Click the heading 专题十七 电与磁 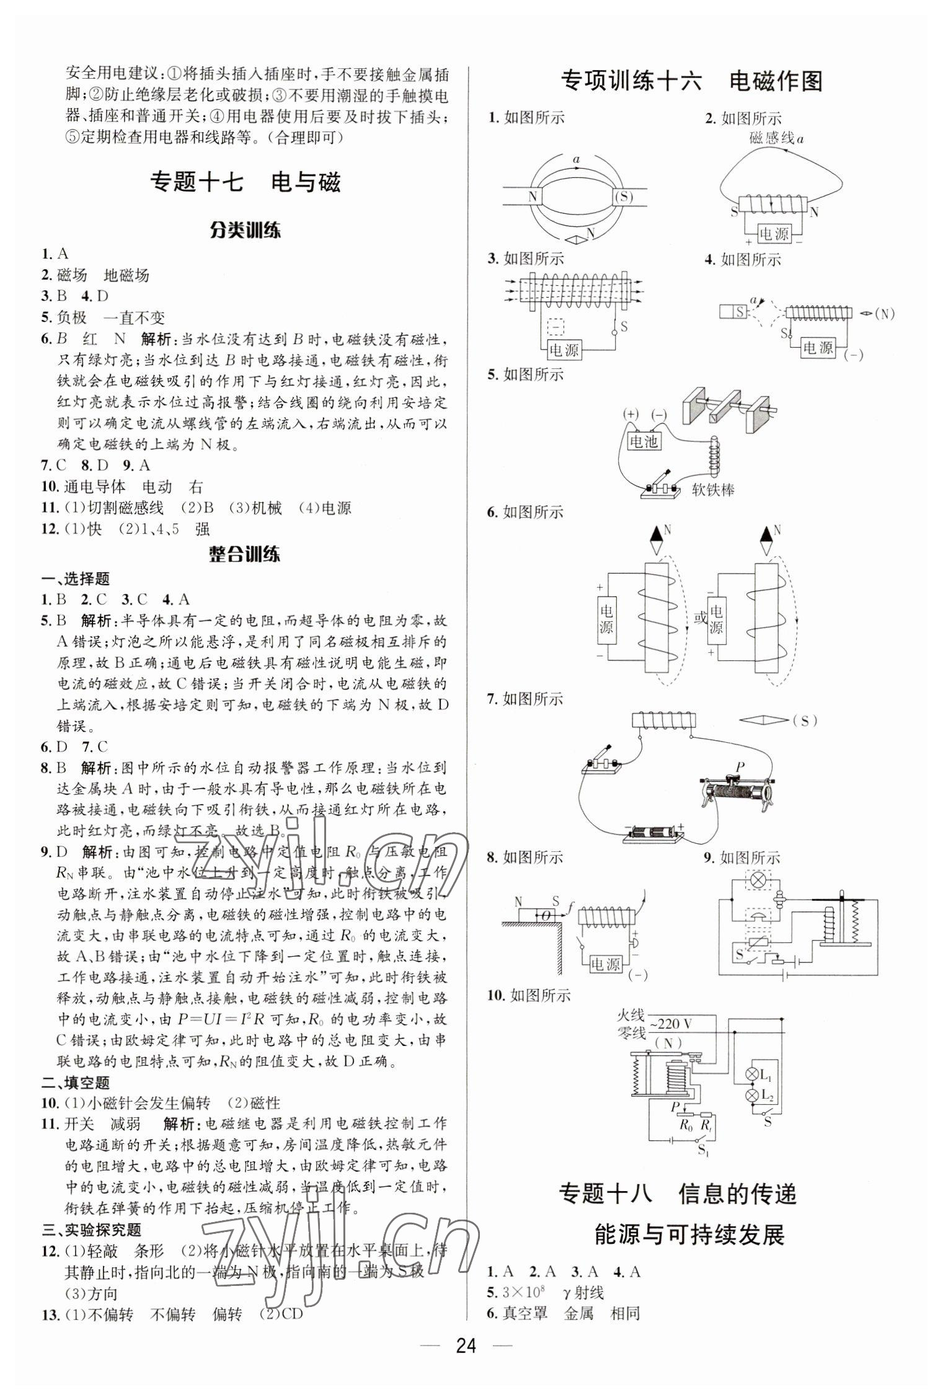tap(246, 182)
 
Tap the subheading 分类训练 tap(245, 231)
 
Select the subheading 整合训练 tap(245, 554)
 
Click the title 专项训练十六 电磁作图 tap(691, 81)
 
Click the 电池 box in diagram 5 tap(643, 441)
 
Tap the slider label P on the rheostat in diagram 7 tap(739, 766)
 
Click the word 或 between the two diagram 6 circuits tap(700, 618)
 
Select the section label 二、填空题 tap(76, 1083)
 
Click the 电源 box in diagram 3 tap(564, 350)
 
